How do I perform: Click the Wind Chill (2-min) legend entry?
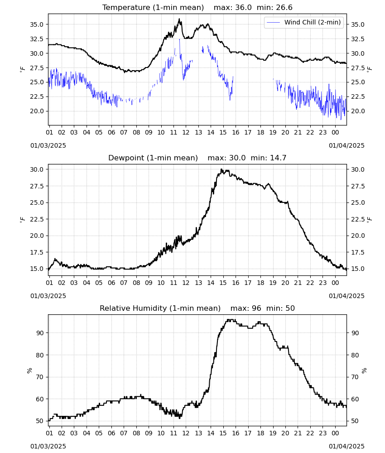tap(304, 22)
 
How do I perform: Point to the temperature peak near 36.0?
tap(179, 19)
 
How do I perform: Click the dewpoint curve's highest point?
tap(221, 169)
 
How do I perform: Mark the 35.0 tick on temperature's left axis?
tap(37, 24)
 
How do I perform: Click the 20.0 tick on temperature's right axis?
tap(357, 111)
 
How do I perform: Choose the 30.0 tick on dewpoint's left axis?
tap(37, 169)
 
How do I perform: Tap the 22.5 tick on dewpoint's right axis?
tap(357, 219)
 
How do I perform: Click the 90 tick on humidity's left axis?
tap(40, 333)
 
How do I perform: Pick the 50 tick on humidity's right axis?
tap(355, 421)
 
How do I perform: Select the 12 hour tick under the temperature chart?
tap(186, 132)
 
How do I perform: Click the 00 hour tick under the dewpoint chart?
tap(335, 283)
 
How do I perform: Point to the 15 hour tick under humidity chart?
tap(223, 433)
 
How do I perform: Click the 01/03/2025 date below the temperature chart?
tap(48, 145)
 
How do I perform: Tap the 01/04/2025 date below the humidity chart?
tap(346, 446)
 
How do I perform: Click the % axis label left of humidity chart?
tap(29, 371)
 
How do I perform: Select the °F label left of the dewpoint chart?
tap(23, 220)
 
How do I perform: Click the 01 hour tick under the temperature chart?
tap(49, 132)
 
